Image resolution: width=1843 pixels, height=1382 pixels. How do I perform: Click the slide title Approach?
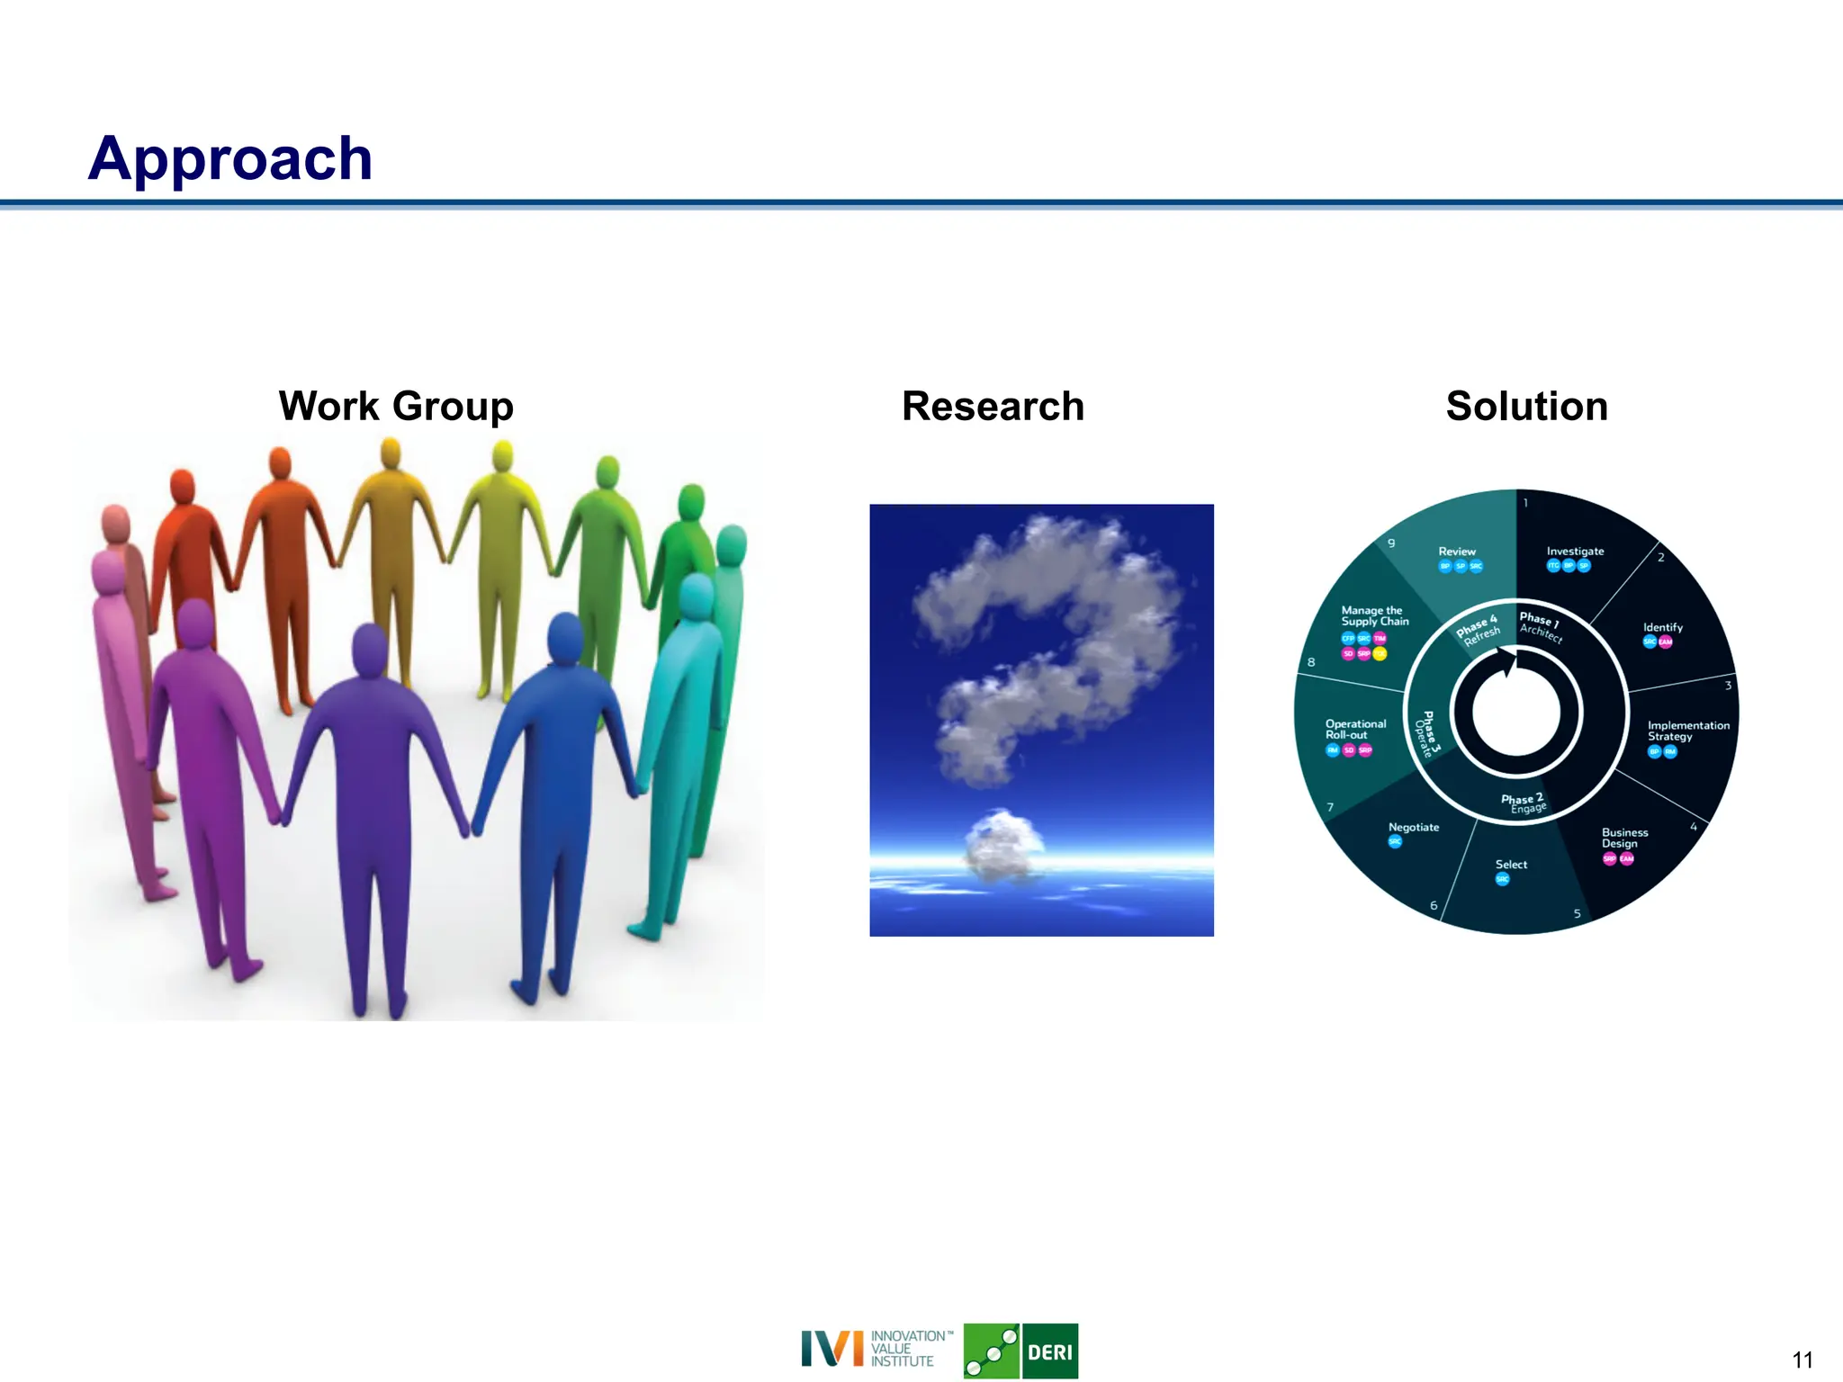[x=229, y=158]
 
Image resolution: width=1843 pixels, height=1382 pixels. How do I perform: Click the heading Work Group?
[x=396, y=406]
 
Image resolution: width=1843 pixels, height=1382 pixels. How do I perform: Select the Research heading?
[x=993, y=406]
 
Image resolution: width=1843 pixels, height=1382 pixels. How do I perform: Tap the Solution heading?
[x=1526, y=406]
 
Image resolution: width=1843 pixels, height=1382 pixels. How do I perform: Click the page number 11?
[x=1802, y=1360]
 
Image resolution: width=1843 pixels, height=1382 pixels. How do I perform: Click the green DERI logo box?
[x=1049, y=1351]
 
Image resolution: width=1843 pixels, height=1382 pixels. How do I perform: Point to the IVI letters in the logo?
[x=832, y=1349]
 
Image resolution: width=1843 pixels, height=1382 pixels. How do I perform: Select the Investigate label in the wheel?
[x=1575, y=551]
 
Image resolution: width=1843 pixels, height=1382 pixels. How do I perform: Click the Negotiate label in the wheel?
[x=1413, y=827]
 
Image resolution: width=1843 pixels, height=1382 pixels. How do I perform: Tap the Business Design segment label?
[x=1624, y=838]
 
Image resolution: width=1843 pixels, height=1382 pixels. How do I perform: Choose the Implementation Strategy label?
[x=1687, y=731]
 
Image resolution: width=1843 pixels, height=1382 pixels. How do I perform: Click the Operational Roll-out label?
[x=1355, y=729]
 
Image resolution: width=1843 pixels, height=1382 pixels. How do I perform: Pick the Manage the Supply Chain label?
[x=1374, y=615]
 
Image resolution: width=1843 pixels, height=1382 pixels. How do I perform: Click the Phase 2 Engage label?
[x=1523, y=803]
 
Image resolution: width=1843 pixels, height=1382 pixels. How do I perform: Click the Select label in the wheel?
[x=1511, y=864]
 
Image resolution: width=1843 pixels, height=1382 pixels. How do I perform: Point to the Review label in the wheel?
[x=1456, y=551]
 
